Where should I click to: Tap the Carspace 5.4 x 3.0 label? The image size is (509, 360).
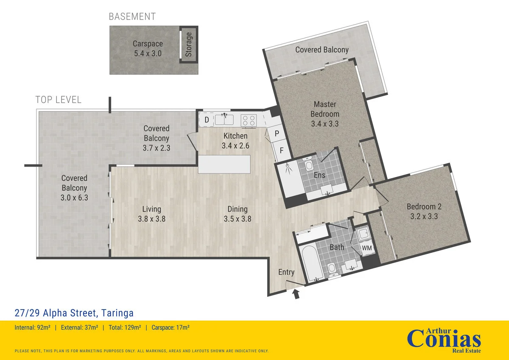pyautogui.click(x=148, y=49)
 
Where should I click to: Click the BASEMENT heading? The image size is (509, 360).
pyautogui.click(x=132, y=17)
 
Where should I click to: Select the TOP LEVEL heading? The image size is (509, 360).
pyautogui.click(x=58, y=100)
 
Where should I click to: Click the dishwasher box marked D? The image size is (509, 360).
pyautogui.click(x=207, y=120)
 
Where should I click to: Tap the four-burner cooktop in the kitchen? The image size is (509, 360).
pyautogui.click(x=249, y=120)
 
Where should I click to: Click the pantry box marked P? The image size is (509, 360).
pyautogui.click(x=277, y=134)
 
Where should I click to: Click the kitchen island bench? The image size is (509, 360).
pyautogui.click(x=224, y=164)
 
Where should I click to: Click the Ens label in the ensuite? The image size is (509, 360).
pyautogui.click(x=319, y=175)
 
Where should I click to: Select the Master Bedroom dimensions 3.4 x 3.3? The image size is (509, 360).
pyautogui.click(x=324, y=124)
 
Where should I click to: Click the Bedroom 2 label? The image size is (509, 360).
pyautogui.click(x=424, y=207)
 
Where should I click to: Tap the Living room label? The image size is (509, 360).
pyautogui.click(x=151, y=209)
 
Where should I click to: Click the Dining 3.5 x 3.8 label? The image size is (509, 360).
pyautogui.click(x=237, y=214)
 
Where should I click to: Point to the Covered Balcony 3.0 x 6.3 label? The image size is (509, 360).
pyautogui.click(x=74, y=188)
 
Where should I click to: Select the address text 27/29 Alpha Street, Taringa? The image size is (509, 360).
pyautogui.click(x=74, y=313)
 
